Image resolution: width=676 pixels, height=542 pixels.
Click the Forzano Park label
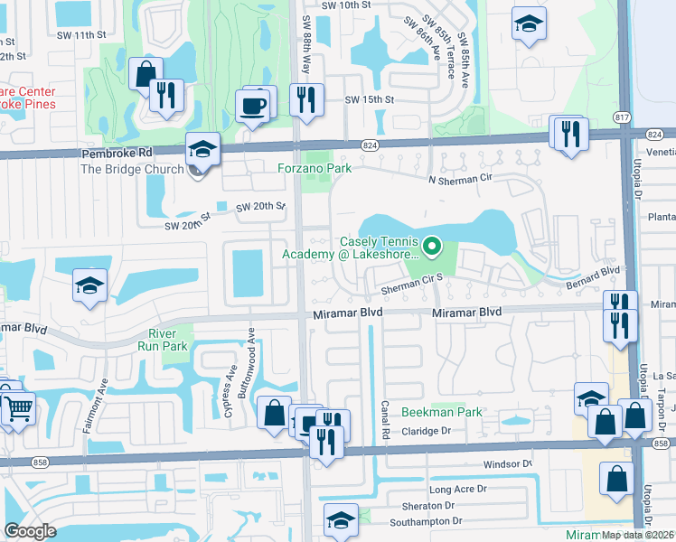click(x=314, y=167)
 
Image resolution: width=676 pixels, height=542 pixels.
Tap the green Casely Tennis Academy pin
click(x=432, y=245)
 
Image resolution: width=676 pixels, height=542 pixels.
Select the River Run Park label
click(x=168, y=339)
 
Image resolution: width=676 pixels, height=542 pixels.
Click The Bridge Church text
click(x=125, y=169)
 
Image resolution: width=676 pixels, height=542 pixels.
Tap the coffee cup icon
click(x=252, y=107)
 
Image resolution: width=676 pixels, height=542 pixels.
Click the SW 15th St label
click(x=370, y=99)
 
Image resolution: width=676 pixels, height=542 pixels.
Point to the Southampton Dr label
click(x=426, y=521)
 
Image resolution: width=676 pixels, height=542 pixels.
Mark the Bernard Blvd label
click(x=597, y=270)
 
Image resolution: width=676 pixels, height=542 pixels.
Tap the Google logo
click(x=30, y=530)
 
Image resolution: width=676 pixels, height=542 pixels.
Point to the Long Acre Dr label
click(x=457, y=490)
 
